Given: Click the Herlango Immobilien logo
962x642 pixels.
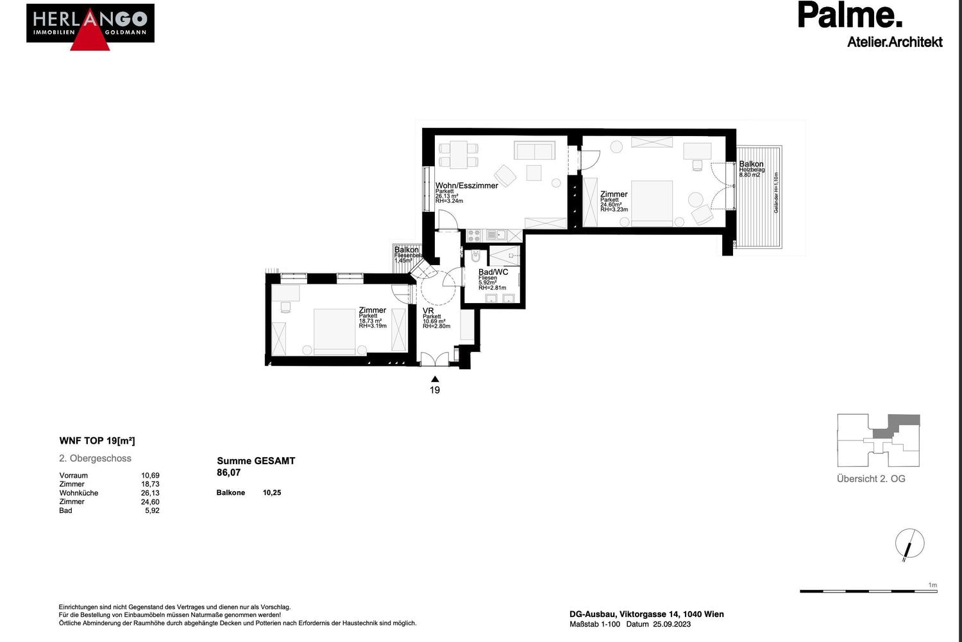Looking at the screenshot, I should [x=90, y=26].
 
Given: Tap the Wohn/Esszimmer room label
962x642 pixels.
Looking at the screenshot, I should [x=466, y=186].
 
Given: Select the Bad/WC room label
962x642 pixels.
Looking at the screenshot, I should [x=493, y=272].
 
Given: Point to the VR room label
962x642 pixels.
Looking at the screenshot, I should [x=428, y=311].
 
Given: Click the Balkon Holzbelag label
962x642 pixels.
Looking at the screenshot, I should [x=751, y=164].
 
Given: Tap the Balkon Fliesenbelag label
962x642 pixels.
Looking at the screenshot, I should [x=407, y=250].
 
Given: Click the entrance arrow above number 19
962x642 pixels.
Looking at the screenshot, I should [x=435, y=379].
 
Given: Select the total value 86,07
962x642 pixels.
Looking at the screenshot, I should [x=229, y=473].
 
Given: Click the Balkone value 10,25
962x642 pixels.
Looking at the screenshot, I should [x=272, y=493].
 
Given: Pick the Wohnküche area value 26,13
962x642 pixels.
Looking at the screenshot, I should [x=150, y=493].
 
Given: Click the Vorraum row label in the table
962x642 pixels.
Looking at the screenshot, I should [x=74, y=476].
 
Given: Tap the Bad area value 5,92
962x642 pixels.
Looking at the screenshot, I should [x=152, y=511].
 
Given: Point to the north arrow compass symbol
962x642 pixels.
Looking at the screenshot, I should [x=909, y=544].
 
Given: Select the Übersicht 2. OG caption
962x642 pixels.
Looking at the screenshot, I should [x=871, y=479].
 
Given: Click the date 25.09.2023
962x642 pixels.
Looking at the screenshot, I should [x=671, y=624].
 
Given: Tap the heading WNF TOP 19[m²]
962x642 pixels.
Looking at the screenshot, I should [x=97, y=441].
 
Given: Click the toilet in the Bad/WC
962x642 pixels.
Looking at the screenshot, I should [x=475, y=257].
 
